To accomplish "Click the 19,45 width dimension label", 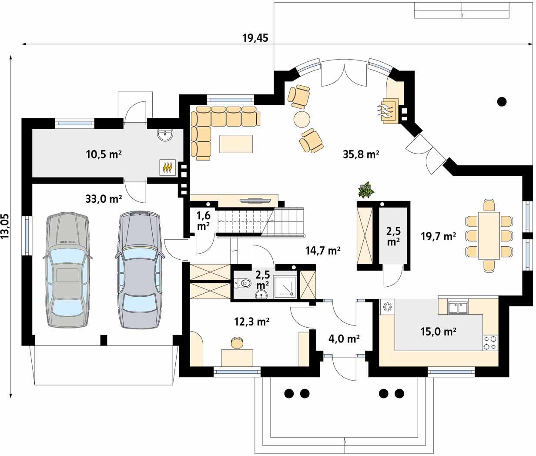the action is (255, 38).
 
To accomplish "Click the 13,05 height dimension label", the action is (5, 226).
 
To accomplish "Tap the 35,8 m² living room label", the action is (361, 154).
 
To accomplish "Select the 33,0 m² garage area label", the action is (104, 199).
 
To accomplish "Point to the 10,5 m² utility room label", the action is (104, 154).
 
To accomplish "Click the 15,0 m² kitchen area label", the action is (438, 331).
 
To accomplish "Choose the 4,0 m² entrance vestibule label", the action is (344, 339).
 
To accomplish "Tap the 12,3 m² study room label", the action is (251, 322).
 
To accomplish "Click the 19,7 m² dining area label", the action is (438, 236).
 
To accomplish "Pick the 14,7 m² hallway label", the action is (323, 250).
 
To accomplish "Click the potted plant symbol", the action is (366, 190).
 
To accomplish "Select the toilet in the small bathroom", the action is (242, 283).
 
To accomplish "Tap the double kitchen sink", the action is (458, 308).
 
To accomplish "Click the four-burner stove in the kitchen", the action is (490, 342).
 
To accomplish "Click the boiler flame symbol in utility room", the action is (167, 168).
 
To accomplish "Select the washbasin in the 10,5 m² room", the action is (164, 135).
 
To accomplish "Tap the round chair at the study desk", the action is (237, 342).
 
